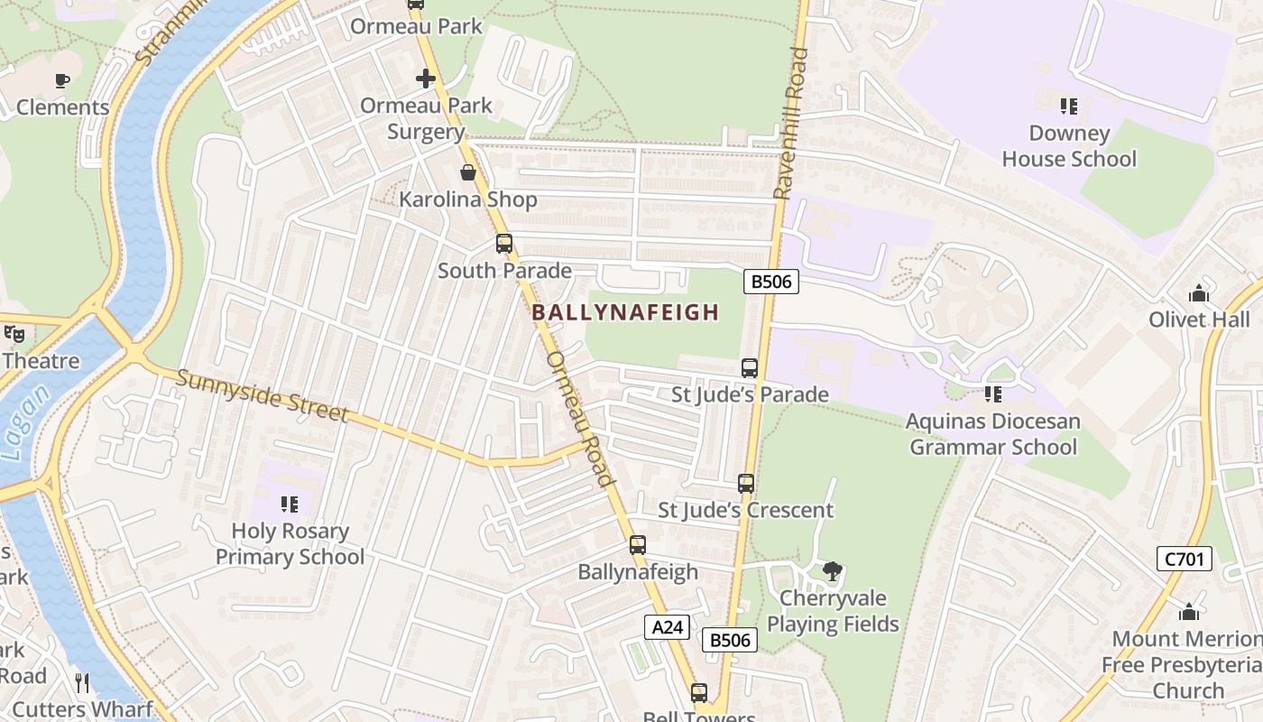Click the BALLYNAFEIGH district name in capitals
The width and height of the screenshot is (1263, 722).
[625, 312]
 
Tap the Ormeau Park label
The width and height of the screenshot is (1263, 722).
[417, 26]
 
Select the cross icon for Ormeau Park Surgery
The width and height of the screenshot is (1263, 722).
[426, 79]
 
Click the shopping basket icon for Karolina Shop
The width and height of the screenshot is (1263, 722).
[468, 172]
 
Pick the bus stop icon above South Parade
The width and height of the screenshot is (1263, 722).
[504, 244]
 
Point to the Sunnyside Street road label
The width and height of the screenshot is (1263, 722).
[262, 395]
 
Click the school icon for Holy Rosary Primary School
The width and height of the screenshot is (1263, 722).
[289, 504]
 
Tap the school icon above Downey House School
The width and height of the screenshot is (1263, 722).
[1069, 106]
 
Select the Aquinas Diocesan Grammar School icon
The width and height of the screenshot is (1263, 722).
[993, 393]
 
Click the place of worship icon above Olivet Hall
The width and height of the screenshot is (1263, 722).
[1199, 293]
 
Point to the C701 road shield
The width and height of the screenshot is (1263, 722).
[1184, 559]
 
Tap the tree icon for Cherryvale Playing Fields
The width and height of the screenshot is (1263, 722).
[833, 570]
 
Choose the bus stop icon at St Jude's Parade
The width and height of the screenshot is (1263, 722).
[750, 367]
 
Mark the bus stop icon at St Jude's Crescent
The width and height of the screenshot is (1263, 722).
[746, 483]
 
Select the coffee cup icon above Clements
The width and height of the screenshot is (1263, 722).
[62, 80]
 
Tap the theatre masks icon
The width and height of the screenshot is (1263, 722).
[14, 334]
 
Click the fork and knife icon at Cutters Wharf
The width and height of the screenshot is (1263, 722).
[82, 683]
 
